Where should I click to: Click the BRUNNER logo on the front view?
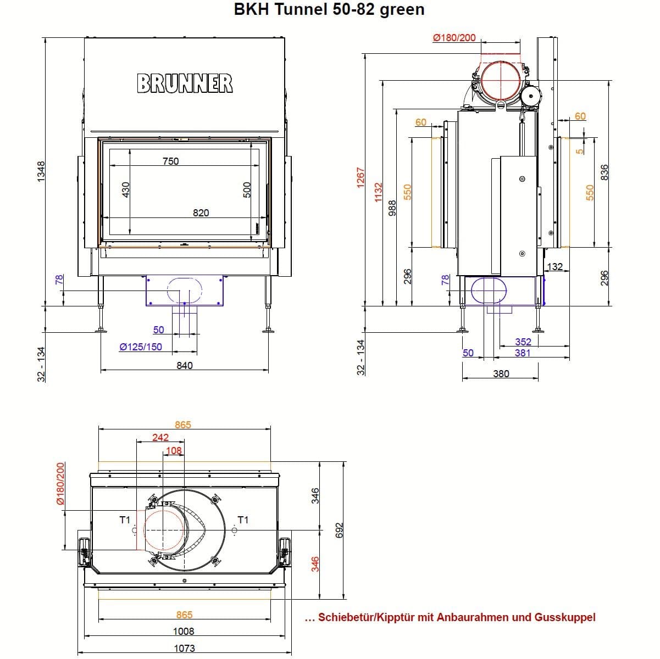tap(185, 83)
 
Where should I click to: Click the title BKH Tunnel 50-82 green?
tap(329, 10)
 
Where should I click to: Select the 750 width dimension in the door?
tap(170, 161)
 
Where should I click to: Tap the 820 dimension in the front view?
tap(201, 213)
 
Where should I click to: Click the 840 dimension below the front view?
tap(185, 365)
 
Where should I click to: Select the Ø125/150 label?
tap(141, 347)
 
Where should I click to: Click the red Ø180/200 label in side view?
tap(454, 38)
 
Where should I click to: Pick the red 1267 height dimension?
tap(360, 178)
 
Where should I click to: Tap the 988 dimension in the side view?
tap(392, 208)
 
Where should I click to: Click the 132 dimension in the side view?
tap(555, 267)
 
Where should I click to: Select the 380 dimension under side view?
tap(501, 374)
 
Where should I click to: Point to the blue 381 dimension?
tap(523, 353)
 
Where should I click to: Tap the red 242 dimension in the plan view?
tap(160, 438)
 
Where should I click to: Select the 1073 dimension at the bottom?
tap(184, 648)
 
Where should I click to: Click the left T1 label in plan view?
tap(124, 520)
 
